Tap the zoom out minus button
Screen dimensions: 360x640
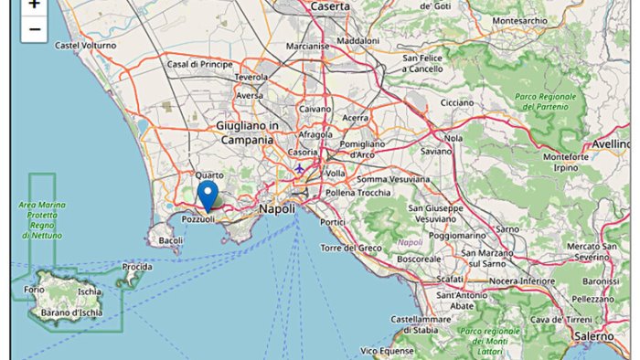click(34, 29)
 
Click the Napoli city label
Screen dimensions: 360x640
click(277, 209)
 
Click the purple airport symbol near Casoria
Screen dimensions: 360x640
click(299, 169)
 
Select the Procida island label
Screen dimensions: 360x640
click(136, 267)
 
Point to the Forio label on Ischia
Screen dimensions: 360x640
click(34, 290)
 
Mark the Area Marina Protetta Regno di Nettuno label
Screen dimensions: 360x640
click(41, 220)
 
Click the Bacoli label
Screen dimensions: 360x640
click(171, 241)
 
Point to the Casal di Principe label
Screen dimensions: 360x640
click(199, 64)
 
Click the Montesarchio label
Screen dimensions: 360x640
click(519, 20)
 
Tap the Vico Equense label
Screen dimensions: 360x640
click(389, 350)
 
